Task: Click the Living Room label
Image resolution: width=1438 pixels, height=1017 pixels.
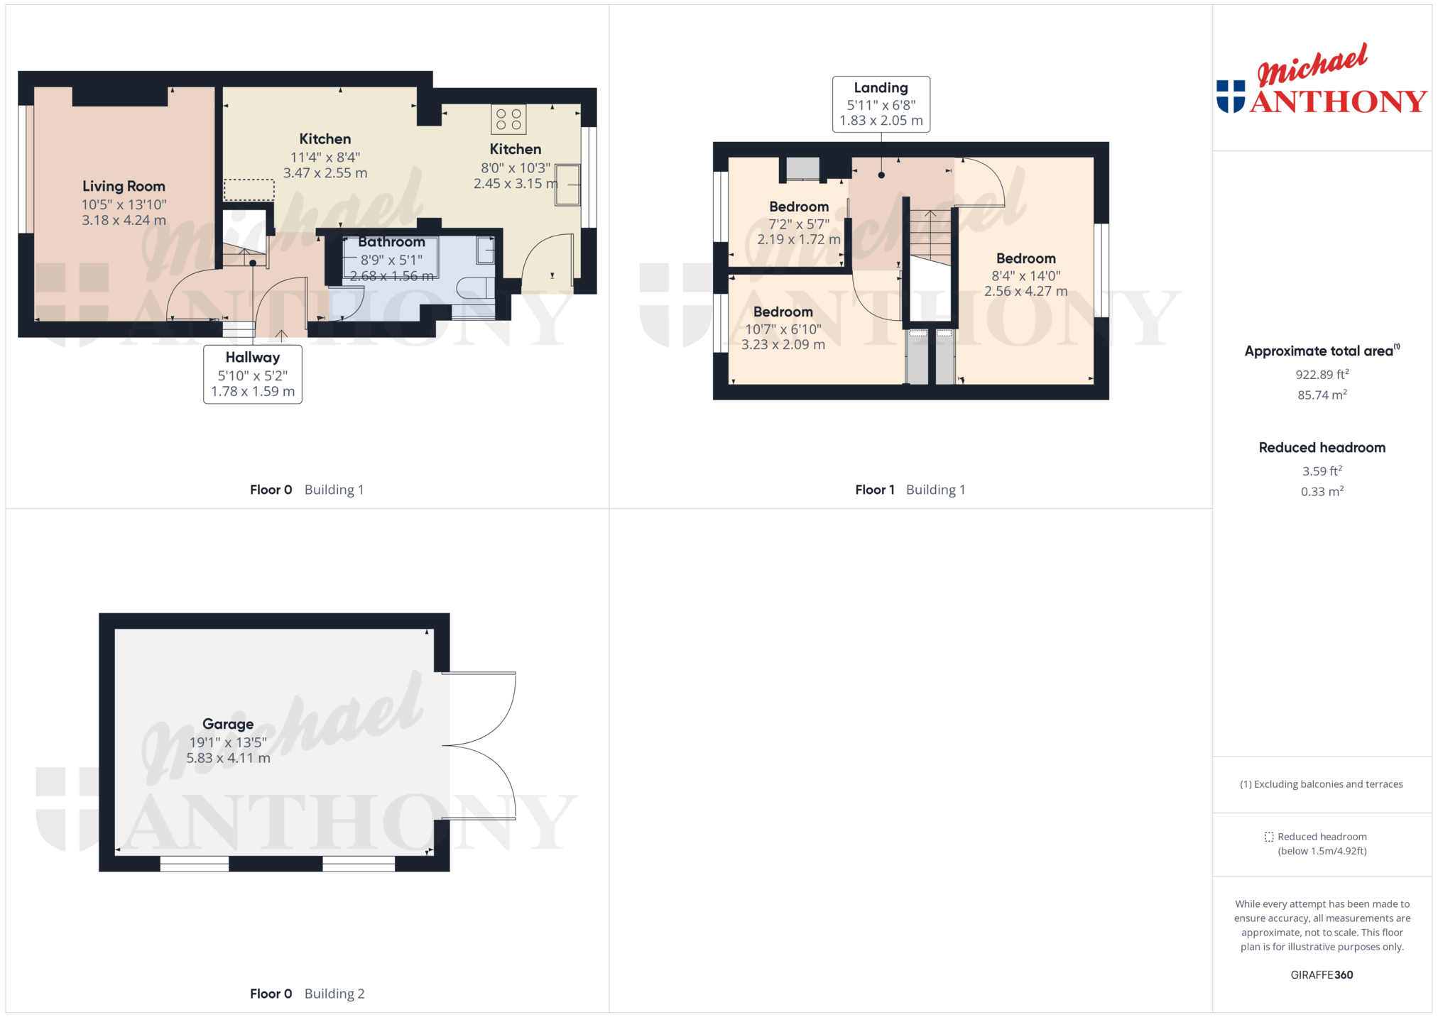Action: [124, 186]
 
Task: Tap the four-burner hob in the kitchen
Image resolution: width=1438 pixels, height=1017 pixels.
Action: [508, 119]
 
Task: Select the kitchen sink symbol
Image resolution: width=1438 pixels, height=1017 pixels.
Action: [567, 185]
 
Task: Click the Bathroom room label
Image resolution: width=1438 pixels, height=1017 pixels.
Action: [391, 242]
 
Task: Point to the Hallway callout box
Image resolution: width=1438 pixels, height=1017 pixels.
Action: [253, 374]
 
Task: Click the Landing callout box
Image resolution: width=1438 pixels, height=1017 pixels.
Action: [881, 104]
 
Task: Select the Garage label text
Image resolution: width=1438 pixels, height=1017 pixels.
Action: [228, 724]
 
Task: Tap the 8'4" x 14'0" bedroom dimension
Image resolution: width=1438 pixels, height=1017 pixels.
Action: [1026, 275]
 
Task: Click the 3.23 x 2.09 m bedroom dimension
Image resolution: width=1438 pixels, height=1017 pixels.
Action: [783, 345]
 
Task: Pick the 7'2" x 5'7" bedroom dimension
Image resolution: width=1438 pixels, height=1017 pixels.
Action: [799, 224]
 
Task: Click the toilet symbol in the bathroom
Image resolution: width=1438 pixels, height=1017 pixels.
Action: [472, 287]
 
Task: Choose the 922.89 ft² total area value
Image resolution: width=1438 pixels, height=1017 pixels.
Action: [1322, 374]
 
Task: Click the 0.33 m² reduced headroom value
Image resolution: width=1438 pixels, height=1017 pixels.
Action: [1322, 491]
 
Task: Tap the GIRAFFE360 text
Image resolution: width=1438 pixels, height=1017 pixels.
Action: [1322, 974]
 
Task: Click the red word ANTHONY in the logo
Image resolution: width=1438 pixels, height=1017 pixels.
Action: [1339, 101]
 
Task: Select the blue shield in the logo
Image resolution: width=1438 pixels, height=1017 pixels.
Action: [1231, 97]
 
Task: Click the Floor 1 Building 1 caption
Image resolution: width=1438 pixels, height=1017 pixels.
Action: [910, 490]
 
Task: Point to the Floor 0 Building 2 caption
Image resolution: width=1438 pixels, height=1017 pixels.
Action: [307, 994]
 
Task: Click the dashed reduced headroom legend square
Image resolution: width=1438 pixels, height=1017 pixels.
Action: [1269, 837]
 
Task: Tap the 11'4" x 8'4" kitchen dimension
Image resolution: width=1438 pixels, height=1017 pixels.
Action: [325, 157]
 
